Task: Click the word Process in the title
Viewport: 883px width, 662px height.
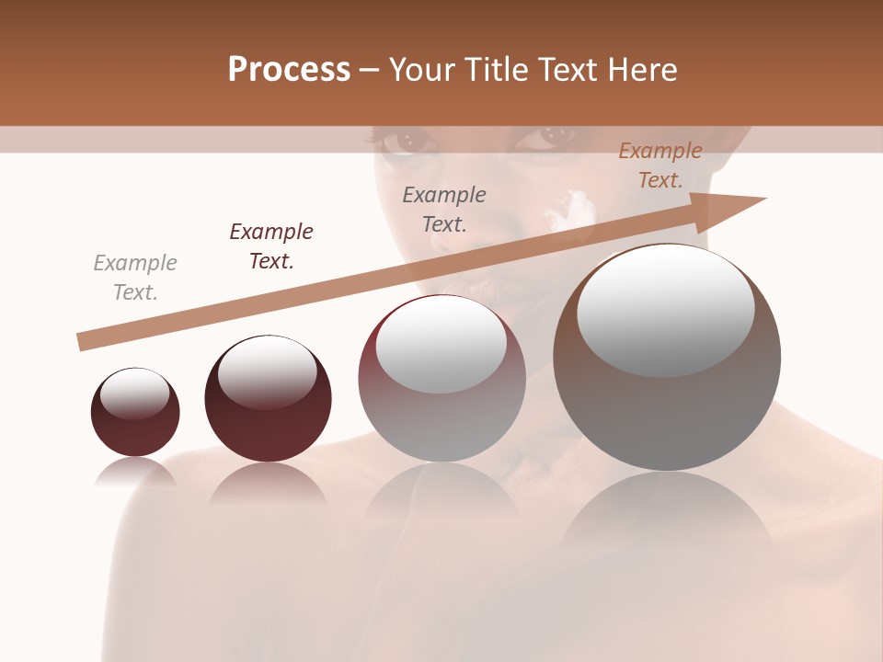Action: [289, 70]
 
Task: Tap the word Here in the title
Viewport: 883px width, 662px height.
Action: [642, 70]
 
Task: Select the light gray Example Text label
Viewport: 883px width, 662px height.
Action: [135, 278]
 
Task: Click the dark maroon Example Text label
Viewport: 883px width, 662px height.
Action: [271, 246]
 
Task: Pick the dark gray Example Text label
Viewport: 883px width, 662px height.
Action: [444, 209]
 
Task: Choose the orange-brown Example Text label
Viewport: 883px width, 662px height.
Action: [660, 165]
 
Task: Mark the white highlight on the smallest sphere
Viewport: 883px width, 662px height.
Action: [135, 394]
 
